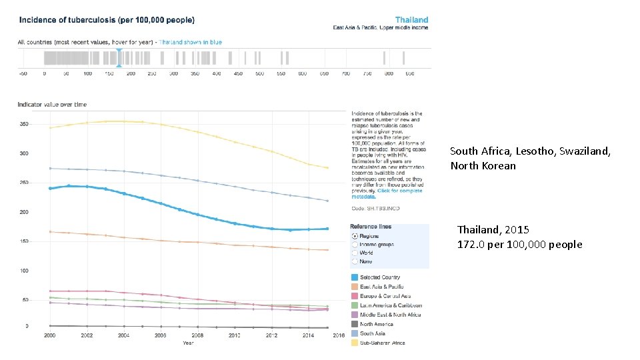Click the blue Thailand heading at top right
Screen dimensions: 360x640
(411, 20)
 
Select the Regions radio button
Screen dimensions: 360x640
(354, 236)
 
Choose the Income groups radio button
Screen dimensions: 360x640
(354, 245)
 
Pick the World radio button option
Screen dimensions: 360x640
(354, 253)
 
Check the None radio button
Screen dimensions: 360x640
(354, 261)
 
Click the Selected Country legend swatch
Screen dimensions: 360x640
(354, 277)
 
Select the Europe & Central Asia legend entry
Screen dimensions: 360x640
(385, 296)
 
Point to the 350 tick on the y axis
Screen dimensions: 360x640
(23, 124)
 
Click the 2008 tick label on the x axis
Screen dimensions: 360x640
(197, 335)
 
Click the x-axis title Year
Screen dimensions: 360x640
(189, 343)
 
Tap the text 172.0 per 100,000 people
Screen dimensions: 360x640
(519, 245)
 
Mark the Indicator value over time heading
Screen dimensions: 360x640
(52, 105)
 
